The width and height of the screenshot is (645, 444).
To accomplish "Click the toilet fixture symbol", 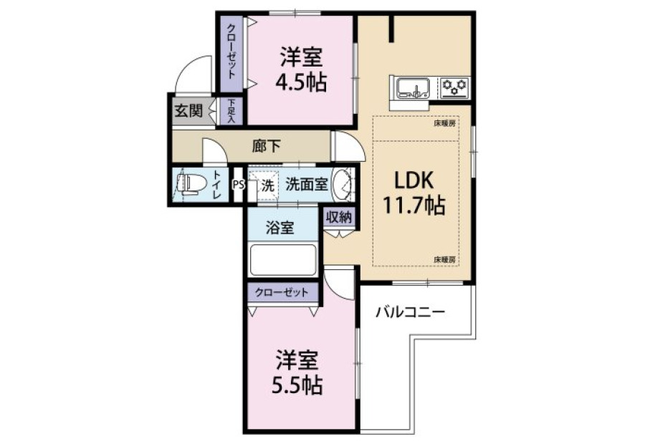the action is click(190, 184).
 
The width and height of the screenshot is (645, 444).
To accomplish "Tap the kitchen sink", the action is click(413, 88).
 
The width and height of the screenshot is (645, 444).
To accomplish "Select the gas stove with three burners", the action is click(455, 87).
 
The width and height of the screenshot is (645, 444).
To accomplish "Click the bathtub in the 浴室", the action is click(283, 260).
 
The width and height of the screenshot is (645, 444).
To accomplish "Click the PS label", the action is click(238, 185).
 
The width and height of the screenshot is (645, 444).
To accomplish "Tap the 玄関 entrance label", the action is click(188, 110).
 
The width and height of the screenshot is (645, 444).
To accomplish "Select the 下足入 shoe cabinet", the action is click(230, 111).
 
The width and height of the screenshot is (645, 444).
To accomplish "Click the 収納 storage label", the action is click(339, 218).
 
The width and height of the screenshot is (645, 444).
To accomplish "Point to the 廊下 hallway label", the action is click(267, 146).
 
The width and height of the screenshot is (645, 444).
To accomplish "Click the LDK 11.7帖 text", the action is click(414, 193).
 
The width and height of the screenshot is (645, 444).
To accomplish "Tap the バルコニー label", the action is click(410, 312).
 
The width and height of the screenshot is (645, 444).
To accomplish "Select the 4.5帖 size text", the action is click(301, 83).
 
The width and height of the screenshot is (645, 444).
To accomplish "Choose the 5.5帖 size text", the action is click(297, 385).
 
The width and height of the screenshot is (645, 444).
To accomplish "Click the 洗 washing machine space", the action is click(267, 185).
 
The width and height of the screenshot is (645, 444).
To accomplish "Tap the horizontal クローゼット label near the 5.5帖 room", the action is click(282, 293).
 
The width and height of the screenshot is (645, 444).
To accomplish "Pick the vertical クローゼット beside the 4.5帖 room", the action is click(231, 52).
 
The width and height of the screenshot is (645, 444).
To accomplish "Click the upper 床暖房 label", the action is click(444, 123).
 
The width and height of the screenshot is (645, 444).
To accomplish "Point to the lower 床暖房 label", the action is click(444, 259).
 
